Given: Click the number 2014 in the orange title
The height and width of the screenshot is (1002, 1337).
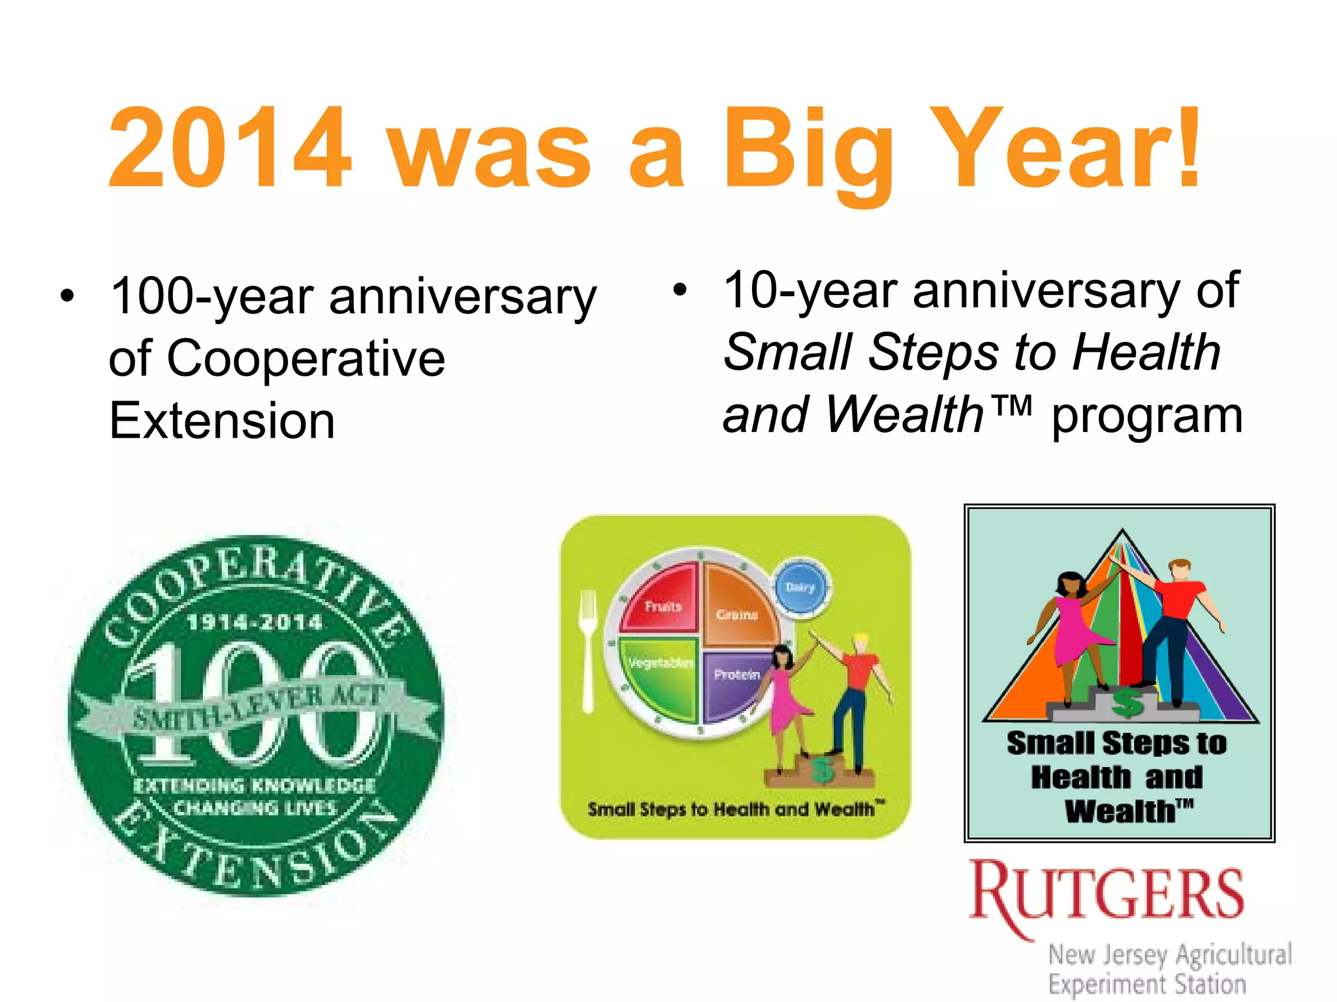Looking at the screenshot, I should point(230,149).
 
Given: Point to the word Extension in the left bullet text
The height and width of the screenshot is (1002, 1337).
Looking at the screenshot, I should point(222,421).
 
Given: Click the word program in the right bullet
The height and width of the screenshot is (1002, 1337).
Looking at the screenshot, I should point(1146,416).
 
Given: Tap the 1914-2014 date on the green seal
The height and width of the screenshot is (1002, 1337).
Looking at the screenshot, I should point(255,622).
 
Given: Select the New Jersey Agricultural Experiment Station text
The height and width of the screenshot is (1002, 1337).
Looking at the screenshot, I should point(1169,969).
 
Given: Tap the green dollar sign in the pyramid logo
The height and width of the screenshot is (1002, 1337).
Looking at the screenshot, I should point(1127,703).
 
